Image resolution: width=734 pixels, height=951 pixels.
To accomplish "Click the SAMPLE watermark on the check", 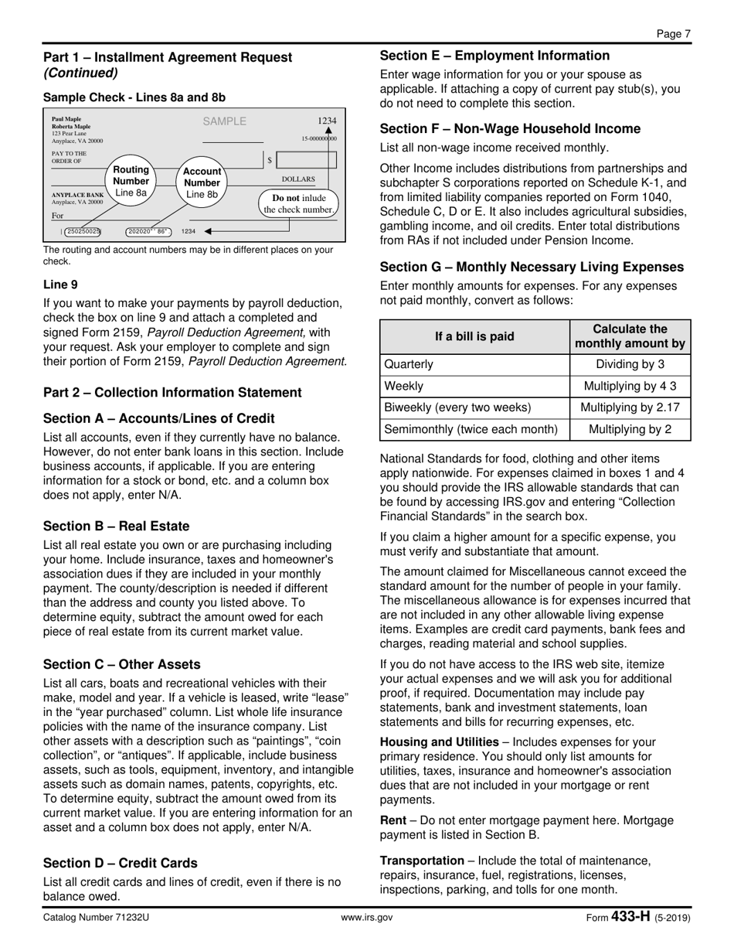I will click(x=224, y=121).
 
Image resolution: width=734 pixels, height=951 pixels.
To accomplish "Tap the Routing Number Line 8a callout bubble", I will click(x=131, y=181).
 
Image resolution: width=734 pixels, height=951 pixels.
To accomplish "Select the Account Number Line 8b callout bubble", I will click(x=202, y=183).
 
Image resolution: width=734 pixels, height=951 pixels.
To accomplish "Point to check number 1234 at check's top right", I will click(x=327, y=121).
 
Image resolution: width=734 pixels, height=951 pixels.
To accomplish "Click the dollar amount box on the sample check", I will click(x=305, y=160).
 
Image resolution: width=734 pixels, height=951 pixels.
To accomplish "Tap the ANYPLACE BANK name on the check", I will click(x=77, y=196).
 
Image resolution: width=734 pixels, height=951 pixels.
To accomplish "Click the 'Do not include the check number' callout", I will click(x=298, y=203).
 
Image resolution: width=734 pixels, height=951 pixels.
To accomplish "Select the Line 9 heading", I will click(x=60, y=285).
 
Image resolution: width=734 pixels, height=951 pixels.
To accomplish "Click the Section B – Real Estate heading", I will click(x=116, y=527).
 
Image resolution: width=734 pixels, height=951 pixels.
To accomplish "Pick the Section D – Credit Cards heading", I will click(x=120, y=863).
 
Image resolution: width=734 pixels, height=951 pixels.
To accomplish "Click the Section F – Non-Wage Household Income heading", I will click(x=510, y=129).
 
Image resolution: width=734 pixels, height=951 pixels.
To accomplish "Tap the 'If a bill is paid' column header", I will click(x=474, y=336).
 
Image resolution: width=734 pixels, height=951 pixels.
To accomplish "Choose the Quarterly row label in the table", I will click(x=409, y=364).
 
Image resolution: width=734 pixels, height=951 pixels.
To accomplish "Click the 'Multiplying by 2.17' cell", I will click(x=630, y=407).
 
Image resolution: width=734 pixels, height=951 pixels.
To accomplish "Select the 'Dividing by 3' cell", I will click(x=630, y=364).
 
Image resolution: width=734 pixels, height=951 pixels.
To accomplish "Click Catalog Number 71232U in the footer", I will click(x=96, y=918).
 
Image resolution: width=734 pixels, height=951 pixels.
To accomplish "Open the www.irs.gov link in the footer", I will click(x=367, y=918).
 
